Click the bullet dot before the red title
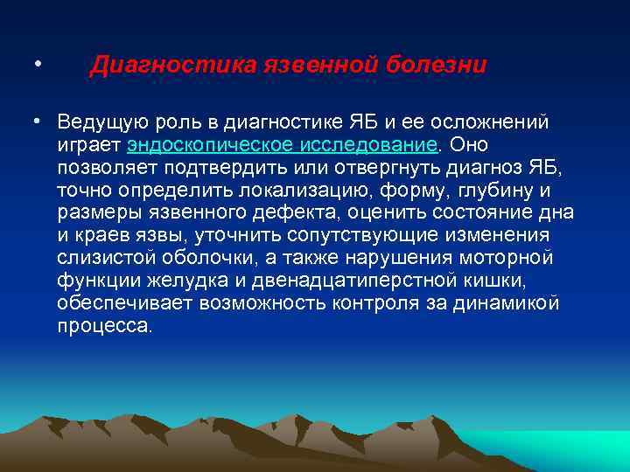[x=36, y=66]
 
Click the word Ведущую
[x=98, y=120]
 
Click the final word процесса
[x=105, y=326]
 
